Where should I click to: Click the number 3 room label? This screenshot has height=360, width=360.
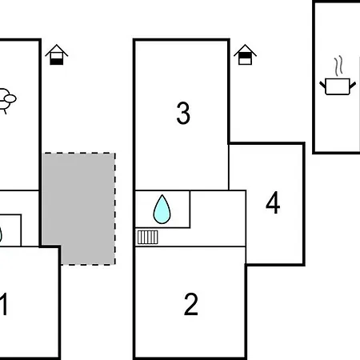click(x=183, y=113)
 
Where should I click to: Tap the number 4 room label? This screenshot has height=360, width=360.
click(x=273, y=202)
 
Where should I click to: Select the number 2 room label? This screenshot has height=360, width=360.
click(x=191, y=304)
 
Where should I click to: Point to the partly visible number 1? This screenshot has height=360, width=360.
click(x=3, y=304)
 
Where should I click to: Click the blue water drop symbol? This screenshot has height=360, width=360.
click(x=162, y=210)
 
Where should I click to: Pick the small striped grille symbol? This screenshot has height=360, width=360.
click(x=148, y=238)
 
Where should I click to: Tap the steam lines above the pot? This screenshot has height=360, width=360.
click(x=338, y=66)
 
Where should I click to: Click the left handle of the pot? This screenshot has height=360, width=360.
click(x=322, y=86)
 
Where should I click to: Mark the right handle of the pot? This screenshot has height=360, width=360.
click(x=353, y=86)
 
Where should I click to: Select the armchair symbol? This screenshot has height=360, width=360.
click(x=7, y=101)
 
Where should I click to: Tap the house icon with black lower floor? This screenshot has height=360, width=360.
click(x=57, y=54)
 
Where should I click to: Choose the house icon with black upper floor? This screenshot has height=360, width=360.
click(x=245, y=54)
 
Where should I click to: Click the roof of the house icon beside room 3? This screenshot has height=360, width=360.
click(x=245, y=50)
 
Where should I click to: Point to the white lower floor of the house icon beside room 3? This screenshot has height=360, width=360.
click(x=245, y=62)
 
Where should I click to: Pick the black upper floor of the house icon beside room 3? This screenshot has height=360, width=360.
click(x=245, y=55)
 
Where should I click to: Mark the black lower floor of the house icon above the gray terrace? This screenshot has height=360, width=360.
click(x=57, y=62)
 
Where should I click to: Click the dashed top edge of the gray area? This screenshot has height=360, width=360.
click(x=79, y=153)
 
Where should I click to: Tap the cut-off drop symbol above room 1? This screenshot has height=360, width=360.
click(x=1, y=234)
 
